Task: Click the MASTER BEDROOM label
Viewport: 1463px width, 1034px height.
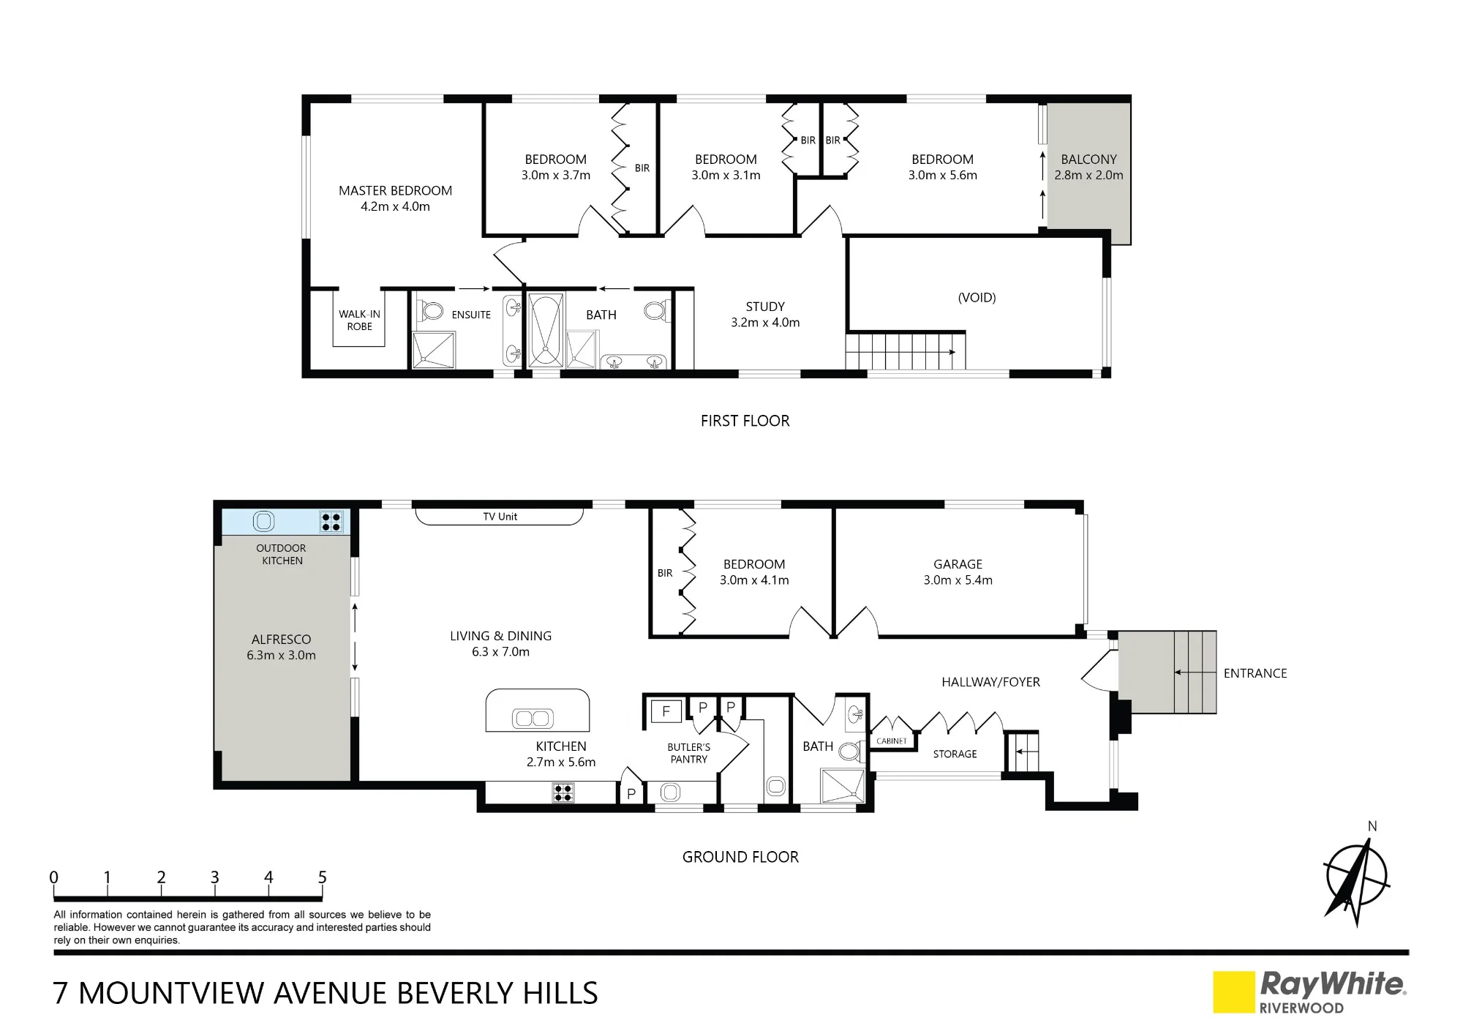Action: pos(395,191)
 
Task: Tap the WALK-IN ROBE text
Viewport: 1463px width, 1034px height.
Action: pos(359,321)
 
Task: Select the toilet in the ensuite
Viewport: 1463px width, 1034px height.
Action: pos(431,311)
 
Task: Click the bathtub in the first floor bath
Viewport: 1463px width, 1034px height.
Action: pos(546,330)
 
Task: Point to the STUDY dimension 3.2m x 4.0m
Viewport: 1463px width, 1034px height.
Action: pos(765,323)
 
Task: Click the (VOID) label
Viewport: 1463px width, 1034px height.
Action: pos(977,297)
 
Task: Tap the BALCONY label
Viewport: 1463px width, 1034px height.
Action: pos(1088,160)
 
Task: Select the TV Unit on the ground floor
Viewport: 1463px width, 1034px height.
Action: pos(500,516)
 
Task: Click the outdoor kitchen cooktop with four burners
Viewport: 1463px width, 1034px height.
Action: pos(331,522)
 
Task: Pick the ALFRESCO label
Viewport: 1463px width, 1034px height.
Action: pos(281,640)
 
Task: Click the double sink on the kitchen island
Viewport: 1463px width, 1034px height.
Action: pos(533,718)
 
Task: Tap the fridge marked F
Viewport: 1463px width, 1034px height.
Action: pos(666,711)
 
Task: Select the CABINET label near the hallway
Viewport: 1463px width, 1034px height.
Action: pos(892,741)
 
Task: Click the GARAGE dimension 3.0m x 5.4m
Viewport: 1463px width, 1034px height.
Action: pos(958,580)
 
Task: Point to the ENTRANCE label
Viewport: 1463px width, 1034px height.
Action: pos(1255,673)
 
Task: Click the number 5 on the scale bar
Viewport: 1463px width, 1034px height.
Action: pos(322,877)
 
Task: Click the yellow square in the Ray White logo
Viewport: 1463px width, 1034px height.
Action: pos(1234,992)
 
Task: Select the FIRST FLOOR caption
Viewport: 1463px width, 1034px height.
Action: pos(745,421)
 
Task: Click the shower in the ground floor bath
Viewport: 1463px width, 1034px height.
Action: pos(842,786)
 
